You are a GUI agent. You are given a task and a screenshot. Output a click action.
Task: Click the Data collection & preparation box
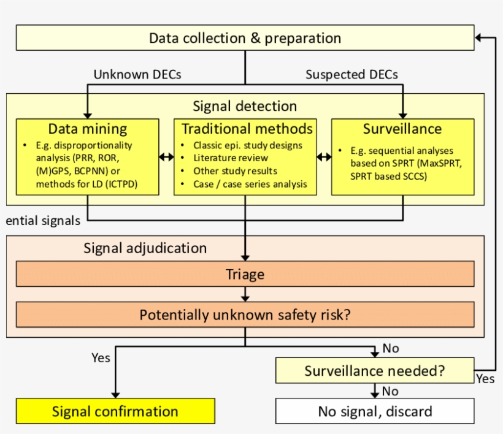coord(245,38)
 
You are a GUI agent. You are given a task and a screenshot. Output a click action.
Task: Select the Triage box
coord(245,274)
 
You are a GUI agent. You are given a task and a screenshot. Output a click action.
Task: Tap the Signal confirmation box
coord(115,411)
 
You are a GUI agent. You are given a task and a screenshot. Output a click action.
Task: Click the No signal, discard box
coord(375,411)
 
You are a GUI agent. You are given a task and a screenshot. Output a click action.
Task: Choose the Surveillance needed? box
coord(375,371)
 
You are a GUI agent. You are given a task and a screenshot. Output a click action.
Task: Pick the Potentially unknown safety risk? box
coord(245,315)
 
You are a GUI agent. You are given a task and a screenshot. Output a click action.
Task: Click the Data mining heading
coord(88,129)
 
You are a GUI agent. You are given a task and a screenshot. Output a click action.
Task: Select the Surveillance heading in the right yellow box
coord(402,129)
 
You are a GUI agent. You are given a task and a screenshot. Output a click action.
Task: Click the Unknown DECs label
coord(137,75)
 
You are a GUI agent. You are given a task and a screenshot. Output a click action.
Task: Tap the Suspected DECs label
coord(351,75)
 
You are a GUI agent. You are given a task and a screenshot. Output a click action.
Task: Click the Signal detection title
coord(245,106)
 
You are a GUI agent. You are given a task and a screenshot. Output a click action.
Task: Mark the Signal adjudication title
coord(145,248)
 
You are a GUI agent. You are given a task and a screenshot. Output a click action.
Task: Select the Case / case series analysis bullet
coord(250,184)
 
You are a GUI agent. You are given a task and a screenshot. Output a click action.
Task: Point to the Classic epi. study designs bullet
coord(248,145)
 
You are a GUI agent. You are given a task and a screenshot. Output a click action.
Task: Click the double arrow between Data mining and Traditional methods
coord(166,157)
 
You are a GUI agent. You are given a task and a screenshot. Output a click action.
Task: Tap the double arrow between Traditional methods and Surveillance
coord(324,157)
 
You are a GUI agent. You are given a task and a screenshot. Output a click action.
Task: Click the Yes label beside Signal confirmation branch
coord(101,357)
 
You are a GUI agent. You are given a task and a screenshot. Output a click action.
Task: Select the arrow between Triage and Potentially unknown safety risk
coord(245,294)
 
